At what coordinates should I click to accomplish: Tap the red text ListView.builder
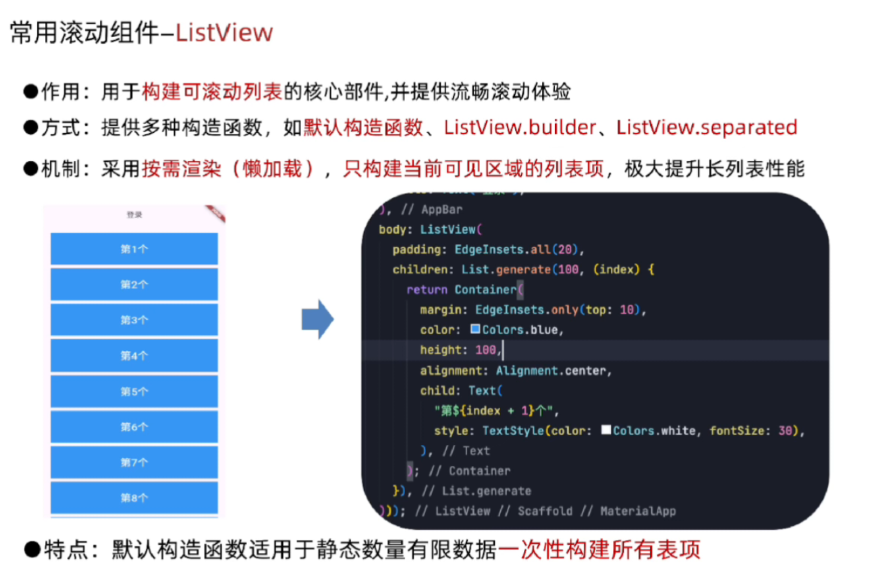520,127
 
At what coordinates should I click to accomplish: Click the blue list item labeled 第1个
134,249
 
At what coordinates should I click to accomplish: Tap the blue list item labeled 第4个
134,355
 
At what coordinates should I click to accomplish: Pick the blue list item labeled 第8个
134,498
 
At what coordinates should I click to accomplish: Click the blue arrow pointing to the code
317,320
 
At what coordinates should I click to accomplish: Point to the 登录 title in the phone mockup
134,215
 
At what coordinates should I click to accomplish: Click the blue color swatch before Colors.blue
475,330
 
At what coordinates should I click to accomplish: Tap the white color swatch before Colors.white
606,430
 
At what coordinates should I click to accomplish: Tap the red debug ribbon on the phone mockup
217,212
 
